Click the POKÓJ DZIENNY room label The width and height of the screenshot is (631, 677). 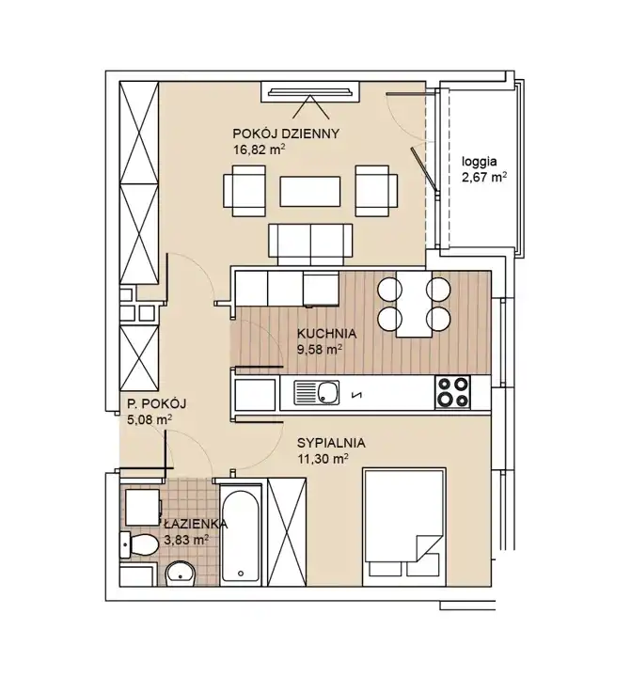tap(286, 134)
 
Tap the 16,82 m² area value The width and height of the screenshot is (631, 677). tap(260, 150)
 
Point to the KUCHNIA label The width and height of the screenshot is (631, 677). tap(326, 333)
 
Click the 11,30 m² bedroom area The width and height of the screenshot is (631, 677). tap(323, 459)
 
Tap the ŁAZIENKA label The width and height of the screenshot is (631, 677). tap(196, 524)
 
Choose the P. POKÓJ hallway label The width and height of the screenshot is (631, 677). tap(157, 403)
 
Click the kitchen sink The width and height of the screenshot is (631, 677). tap(317, 392)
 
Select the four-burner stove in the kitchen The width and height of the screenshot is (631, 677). tap(452, 392)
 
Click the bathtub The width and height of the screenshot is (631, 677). tap(241, 534)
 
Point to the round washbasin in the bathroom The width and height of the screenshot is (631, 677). tap(181, 574)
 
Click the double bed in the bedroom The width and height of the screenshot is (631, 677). tap(404, 527)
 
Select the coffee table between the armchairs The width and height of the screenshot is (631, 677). tap(310, 191)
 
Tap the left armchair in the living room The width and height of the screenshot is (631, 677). tap(245, 191)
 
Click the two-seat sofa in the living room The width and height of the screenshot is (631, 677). tap(310, 244)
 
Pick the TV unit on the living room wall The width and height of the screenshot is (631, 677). tap(310, 91)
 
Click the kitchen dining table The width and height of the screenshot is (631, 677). tap(414, 304)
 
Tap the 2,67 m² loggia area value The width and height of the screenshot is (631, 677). tap(484, 178)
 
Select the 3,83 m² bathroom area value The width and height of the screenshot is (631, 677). tap(186, 540)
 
